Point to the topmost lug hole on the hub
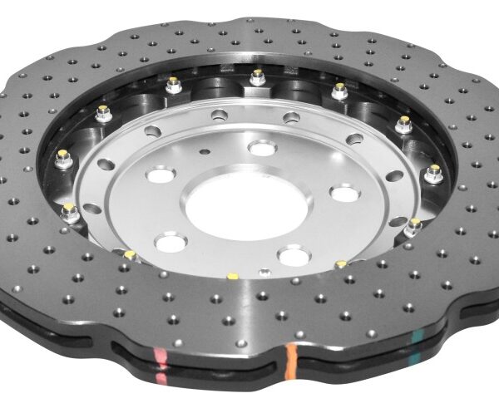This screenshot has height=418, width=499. click(x=263, y=148)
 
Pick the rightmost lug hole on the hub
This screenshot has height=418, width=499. click(x=345, y=193)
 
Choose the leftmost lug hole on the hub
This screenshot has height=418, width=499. click(x=160, y=175)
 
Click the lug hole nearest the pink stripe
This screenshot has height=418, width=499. click(x=170, y=243)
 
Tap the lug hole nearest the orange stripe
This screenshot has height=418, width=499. click(x=294, y=254)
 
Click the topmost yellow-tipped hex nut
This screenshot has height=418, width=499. click(x=258, y=77)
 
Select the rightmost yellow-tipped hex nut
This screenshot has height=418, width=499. click(x=434, y=173)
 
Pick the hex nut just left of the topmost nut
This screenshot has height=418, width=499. click(x=174, y=83)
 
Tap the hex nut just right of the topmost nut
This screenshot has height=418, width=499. click(x=339, y=89)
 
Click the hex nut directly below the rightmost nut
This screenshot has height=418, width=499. click(x=414, y=225)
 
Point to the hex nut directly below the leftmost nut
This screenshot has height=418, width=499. click(x=70, y=211)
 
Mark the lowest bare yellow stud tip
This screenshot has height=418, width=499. click(x=232, y=275)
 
